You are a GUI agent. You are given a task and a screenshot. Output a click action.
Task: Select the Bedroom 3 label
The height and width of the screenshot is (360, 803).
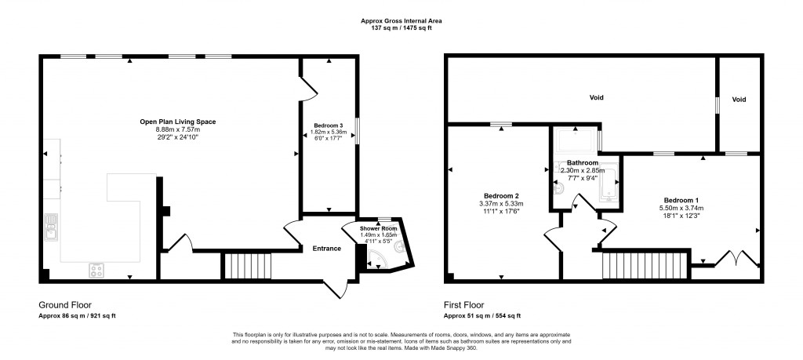pos(329,126)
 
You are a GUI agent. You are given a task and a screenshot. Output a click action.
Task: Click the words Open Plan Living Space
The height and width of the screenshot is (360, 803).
pos(177,122)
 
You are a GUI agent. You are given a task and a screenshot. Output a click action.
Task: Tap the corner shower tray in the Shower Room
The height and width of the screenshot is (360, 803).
pos(379,260)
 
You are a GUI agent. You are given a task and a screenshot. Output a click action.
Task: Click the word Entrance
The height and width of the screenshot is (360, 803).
pos(327,249)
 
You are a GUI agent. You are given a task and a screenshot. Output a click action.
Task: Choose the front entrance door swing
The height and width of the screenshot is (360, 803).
pos(339,287)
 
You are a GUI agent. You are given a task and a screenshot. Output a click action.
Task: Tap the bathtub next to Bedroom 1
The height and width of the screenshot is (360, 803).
pos(609,187)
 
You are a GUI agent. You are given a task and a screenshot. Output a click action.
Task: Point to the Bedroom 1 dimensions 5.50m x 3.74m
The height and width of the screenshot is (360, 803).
pos(681,208)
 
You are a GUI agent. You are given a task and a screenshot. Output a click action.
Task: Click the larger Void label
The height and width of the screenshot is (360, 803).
pos(596,98)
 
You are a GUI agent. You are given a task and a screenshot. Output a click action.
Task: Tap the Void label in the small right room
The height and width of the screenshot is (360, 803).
pos(739,100)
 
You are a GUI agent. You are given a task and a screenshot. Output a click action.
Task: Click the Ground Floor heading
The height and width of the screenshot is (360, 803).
pos(65,305)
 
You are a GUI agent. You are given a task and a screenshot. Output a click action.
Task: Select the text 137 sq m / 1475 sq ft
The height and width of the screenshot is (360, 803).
pos(401,27)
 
